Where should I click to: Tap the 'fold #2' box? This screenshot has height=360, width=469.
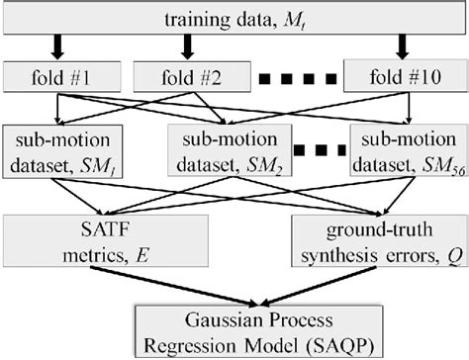click(x=185, y=75)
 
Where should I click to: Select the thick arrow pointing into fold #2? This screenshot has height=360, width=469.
click(x=185, y=46)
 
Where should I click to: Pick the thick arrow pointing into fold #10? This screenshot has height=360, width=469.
click(x=402, y=46)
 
